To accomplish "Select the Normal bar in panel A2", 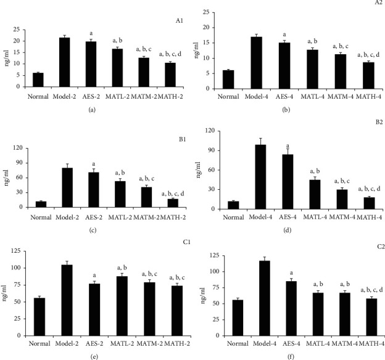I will [x=228, y=80].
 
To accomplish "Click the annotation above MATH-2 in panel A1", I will [x=171, y=54].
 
